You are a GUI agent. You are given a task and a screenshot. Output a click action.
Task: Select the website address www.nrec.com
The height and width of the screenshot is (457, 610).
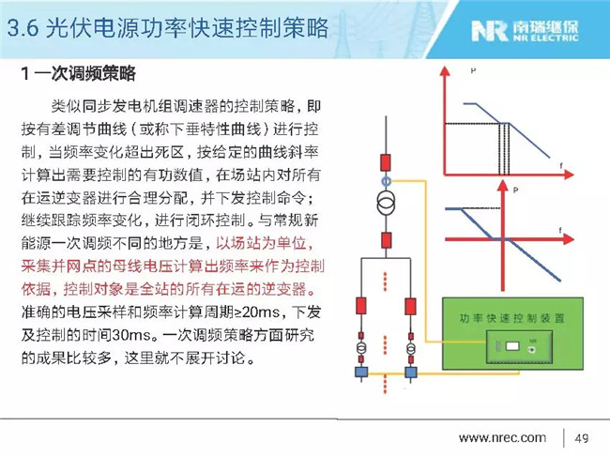pos(502,438)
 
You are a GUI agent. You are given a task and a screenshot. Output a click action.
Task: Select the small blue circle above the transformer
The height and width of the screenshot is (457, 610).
pos(385,179)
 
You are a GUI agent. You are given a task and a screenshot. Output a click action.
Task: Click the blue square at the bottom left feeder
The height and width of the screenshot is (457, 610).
pos(359,373)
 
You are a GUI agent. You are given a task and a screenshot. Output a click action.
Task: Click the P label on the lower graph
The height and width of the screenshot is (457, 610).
pos(516,190)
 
